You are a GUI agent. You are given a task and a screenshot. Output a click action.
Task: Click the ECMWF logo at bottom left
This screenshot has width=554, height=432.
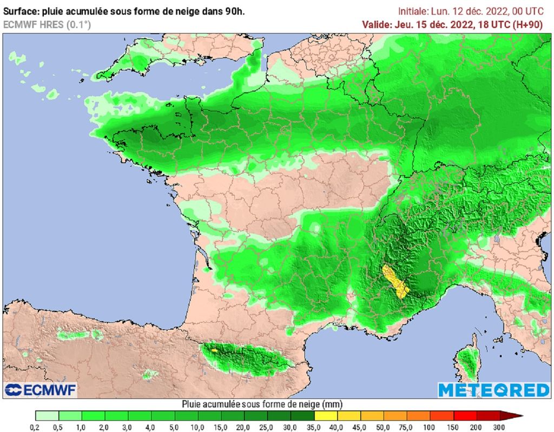41,389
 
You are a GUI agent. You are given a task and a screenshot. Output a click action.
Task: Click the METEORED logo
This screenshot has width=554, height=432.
493,389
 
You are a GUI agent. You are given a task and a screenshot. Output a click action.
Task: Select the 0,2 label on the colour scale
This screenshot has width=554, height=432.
36,427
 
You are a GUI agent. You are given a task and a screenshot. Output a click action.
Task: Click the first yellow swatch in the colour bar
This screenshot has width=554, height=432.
326,416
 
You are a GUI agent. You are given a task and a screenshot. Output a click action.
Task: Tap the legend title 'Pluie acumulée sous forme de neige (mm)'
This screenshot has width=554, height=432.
263,404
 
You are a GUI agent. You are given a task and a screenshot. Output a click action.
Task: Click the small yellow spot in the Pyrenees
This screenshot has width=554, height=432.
214,350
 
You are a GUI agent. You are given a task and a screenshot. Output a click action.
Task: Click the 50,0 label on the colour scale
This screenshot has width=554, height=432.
384,427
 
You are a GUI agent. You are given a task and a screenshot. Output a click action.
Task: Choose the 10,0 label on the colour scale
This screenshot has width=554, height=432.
198,427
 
